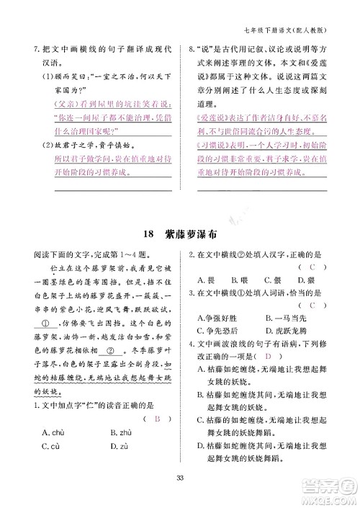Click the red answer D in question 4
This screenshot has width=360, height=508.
[x=266, y=357]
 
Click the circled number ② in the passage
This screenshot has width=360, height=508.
[x=111, y=352]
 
